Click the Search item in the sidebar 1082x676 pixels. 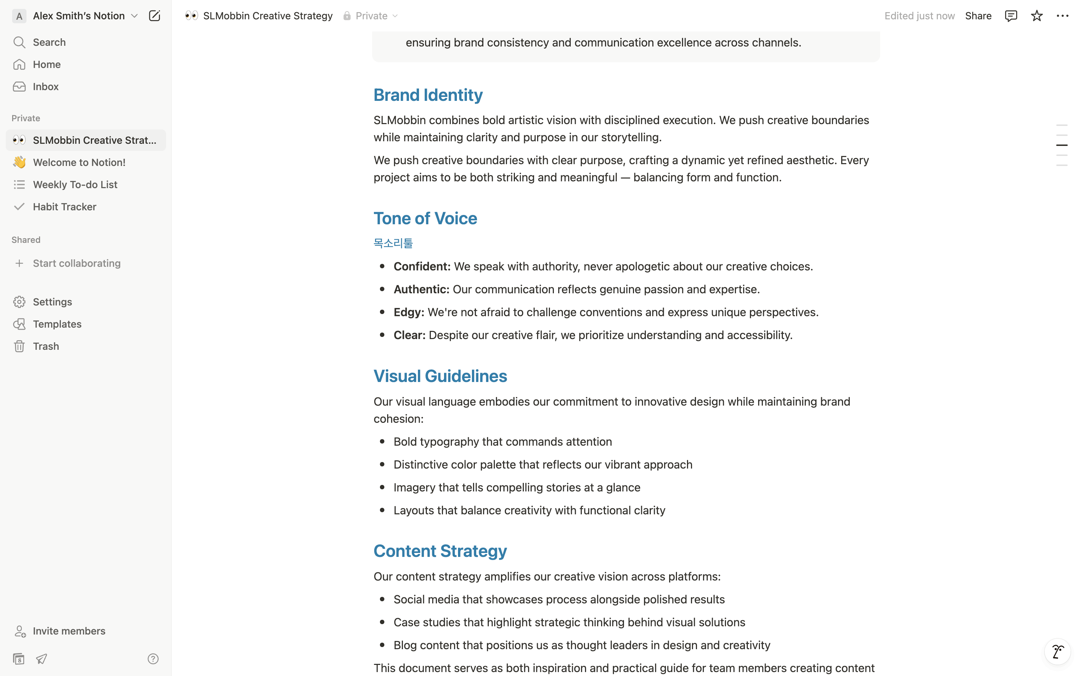49,43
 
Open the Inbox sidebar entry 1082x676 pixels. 45,87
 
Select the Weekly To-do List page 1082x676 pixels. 75,185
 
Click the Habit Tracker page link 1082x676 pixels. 64,207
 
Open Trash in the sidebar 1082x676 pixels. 45,347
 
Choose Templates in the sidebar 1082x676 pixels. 57,324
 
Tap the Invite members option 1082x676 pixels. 69,631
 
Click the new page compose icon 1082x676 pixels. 154,16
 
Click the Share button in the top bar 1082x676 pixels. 978,16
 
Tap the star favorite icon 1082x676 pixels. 1037,16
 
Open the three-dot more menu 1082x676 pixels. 1062,16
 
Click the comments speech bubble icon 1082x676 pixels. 1010,16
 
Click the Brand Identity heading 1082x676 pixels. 428,95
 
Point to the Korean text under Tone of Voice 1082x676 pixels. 393,243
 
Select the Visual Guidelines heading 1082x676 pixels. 440,376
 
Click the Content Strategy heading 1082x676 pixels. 440,551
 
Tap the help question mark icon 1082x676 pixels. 153,658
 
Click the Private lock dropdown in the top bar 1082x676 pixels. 371,16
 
